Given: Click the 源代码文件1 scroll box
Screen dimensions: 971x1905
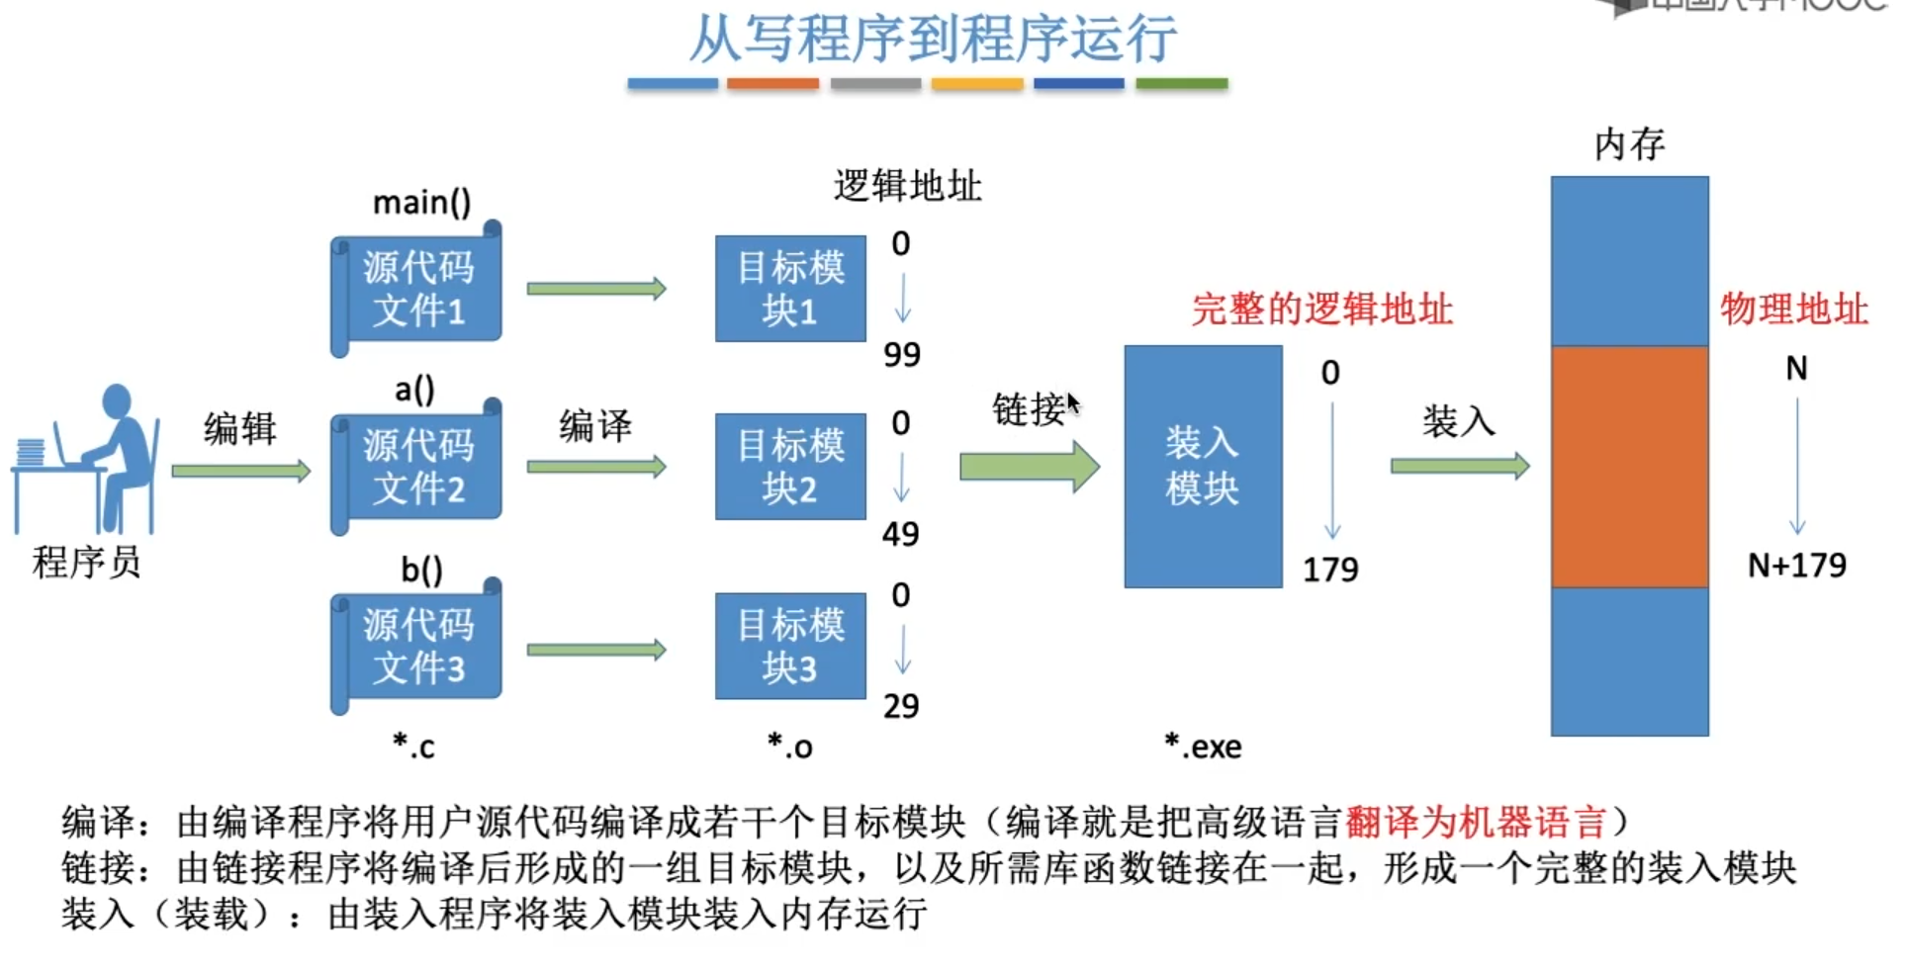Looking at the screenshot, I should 417,289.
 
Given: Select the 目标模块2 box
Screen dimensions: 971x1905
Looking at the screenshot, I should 790,467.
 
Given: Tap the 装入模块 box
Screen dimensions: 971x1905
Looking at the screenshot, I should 1203,467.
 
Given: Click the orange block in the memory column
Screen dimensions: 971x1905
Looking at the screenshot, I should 1629,467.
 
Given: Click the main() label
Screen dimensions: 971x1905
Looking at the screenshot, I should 421,203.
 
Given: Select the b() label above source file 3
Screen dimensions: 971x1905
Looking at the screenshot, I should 421,570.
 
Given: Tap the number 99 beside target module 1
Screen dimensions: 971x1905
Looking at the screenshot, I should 901,354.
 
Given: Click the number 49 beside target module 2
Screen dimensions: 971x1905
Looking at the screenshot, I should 900,534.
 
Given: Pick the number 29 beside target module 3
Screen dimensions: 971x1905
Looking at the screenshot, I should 900,706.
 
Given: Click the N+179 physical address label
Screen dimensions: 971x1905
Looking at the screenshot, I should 1796,566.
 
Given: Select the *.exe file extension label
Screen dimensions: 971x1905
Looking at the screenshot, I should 1203,747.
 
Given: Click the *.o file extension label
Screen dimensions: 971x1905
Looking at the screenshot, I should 789,747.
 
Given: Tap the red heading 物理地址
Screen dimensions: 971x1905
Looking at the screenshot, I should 1793,309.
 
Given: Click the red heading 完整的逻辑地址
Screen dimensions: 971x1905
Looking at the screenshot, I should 1321,309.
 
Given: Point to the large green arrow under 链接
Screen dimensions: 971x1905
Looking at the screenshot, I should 1029,467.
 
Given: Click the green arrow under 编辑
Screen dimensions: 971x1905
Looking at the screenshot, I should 240,471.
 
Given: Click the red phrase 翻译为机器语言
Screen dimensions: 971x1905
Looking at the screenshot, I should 1475,822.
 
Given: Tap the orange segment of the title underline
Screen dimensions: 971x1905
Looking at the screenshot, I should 772,85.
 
